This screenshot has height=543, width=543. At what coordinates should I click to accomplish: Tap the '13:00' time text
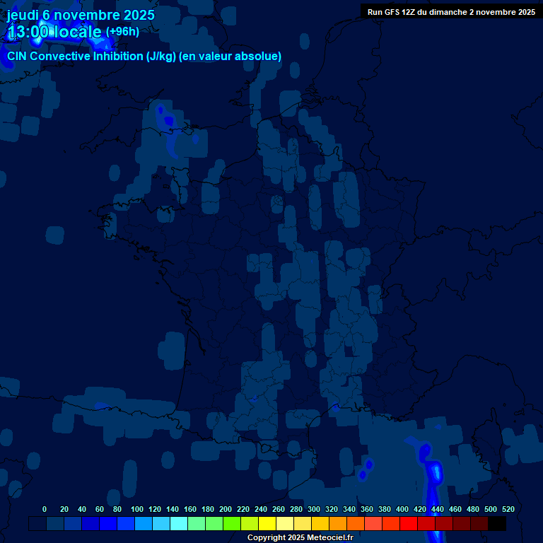[29, 32]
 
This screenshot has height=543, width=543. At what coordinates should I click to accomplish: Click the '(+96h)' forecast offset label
[122, 32]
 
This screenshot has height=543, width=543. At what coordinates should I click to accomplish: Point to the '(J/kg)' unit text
[163, 57]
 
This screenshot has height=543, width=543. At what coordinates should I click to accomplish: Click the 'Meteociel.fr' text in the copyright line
[329, 537]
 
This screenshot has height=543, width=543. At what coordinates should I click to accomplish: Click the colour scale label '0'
[45, 509]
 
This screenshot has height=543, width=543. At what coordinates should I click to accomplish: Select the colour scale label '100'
[137, 509]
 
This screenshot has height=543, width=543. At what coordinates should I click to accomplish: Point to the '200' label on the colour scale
[226, 509]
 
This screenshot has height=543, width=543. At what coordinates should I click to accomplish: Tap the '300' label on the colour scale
[314, 509]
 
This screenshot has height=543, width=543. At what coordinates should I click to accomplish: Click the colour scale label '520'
[508, 509]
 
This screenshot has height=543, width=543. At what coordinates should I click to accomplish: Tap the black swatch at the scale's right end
[497, 524]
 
